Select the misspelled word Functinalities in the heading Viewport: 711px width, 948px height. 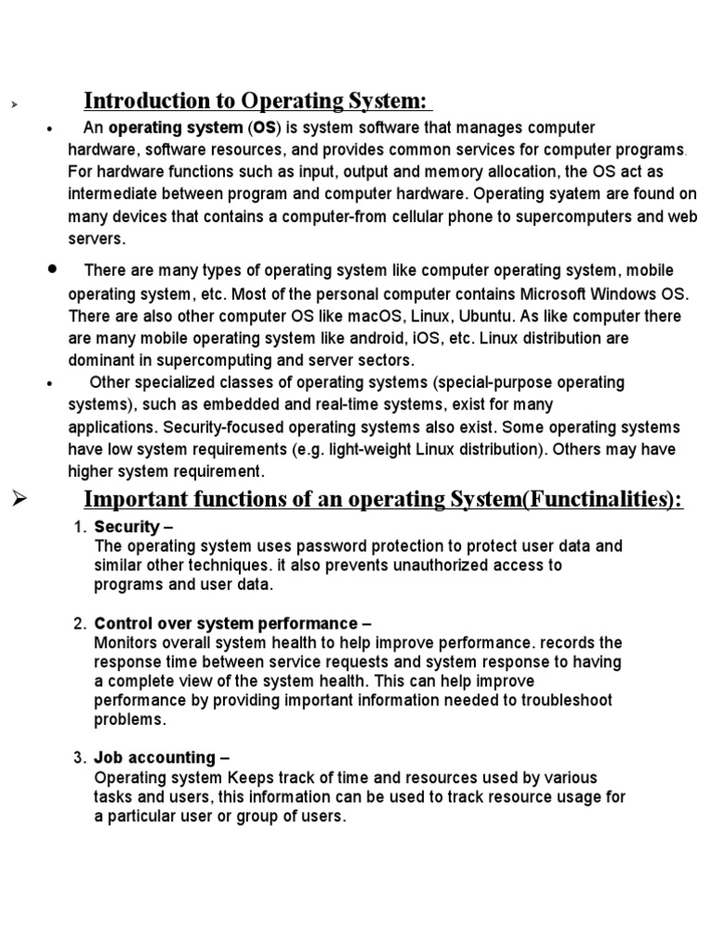(602, 500)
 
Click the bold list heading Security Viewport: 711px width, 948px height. (127, 528)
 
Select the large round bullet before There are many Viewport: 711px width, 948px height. (52, 268)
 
